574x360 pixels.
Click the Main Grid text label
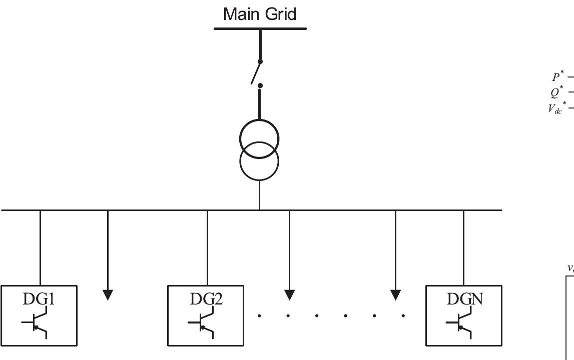coord(260,13)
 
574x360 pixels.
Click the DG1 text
coord(39,298)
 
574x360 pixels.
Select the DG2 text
coord(206,298)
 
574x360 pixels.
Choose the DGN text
coord(464,298)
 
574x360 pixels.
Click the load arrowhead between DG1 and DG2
coord(108,294)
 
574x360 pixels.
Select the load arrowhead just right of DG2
coord(289,294)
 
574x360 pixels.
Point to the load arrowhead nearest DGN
coord(395,294)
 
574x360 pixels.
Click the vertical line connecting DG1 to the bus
coord(40,247)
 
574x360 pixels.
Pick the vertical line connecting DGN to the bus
coord(463,247)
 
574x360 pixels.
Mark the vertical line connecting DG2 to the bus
coord(207,247)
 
